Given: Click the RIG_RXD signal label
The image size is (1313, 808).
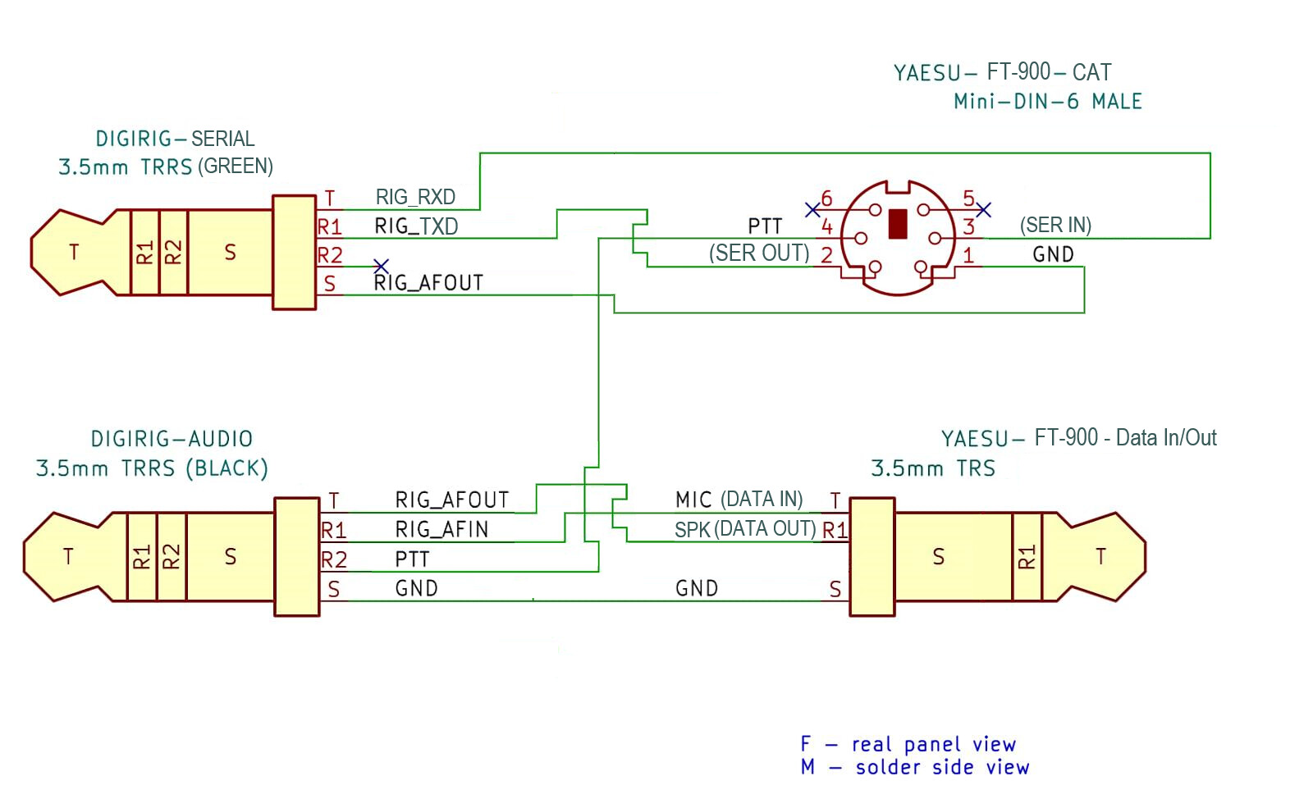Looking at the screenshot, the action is tap(415, 197).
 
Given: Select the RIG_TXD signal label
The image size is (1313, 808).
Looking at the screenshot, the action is tap(416, 226).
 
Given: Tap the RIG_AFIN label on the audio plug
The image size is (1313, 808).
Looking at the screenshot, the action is tap(441, 529).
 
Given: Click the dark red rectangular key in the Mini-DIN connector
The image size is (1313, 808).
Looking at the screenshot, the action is tap(898, 224).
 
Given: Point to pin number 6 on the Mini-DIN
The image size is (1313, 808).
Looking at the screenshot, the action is tap(826, 199).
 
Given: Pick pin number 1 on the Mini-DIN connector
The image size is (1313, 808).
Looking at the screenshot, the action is tap(968, 255).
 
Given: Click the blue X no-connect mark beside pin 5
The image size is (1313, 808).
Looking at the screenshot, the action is tap(984, 209).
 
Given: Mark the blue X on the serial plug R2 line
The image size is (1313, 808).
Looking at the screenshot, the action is tap(381, 267).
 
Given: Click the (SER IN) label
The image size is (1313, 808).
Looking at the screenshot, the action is tap(1055, 225).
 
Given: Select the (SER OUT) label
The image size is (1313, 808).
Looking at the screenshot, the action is tap(758, 253).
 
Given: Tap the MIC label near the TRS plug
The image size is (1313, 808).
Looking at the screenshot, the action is tap(693, 500).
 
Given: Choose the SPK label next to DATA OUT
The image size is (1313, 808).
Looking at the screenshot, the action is tap(692, 530).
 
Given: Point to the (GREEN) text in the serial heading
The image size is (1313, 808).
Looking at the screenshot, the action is tap(235, 167).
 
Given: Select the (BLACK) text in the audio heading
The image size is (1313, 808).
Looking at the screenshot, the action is tap(226, 468).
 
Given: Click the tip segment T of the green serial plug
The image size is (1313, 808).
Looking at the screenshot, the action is tap(74, 252).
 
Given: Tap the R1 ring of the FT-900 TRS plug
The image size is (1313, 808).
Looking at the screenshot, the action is tap(1027, 557).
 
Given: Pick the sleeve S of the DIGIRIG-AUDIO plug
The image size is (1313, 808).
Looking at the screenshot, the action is tap(231, 557).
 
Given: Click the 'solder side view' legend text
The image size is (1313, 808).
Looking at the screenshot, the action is tap(942, 768).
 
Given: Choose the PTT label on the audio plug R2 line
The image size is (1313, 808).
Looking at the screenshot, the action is tap(412, 559).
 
